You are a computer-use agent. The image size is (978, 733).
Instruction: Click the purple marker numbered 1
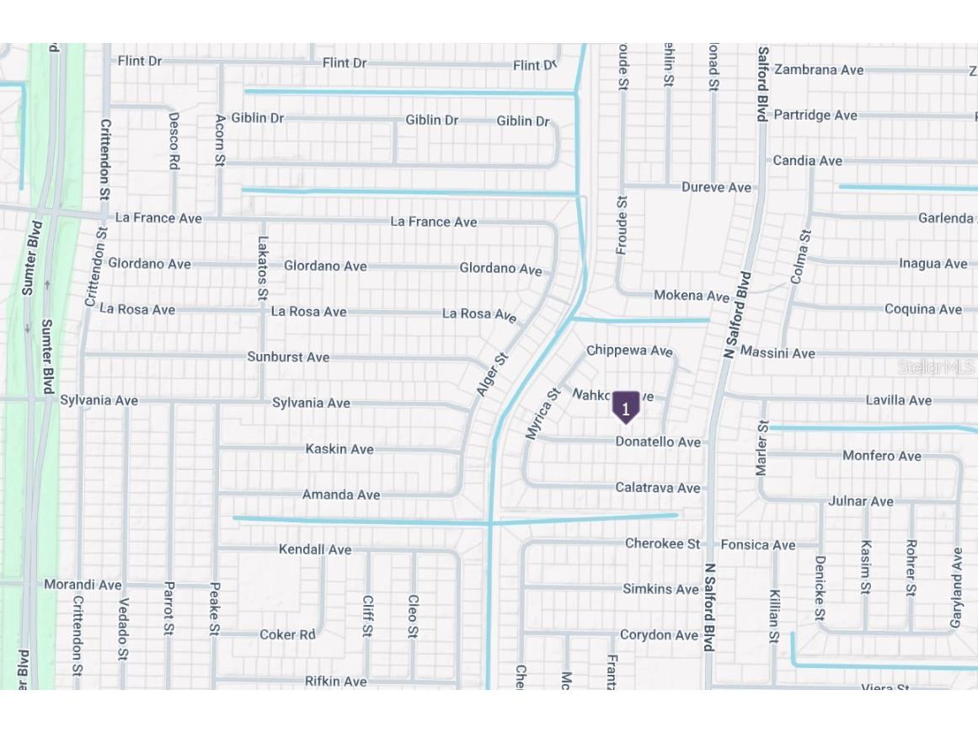pos(626,408)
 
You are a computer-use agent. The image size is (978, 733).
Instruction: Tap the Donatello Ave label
pos(658,441)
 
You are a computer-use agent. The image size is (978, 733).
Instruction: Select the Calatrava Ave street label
pos(657,488)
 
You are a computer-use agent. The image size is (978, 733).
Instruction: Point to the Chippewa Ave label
pos(629,350)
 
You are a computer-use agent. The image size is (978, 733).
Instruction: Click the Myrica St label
pos(542,414)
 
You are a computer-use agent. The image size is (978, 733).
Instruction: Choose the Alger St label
pos(493,375)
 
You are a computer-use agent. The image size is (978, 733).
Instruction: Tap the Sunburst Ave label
pos(288,357)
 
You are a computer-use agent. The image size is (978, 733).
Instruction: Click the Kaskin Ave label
pos(339,449)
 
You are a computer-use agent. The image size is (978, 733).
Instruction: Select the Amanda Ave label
pos(341,495)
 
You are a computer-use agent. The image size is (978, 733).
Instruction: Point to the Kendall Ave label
pos(315,549)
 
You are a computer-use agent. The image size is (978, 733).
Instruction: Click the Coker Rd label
pos(287,634)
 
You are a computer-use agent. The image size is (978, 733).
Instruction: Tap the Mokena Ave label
pos(692,296)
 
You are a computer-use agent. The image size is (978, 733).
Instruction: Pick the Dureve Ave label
pos(716,187)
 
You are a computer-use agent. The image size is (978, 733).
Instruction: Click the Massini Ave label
pos(778,353)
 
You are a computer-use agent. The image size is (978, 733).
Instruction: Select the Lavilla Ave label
pos(899,399)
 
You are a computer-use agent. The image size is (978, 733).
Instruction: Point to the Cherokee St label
pos(662,543)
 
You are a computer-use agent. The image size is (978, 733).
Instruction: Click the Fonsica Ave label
pos(758,545)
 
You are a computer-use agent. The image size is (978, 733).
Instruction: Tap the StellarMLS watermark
pos(936,367)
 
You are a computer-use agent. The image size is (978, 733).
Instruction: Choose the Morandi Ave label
pos(83,585)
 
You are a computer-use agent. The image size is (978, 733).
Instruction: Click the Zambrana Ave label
pos(819,70)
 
